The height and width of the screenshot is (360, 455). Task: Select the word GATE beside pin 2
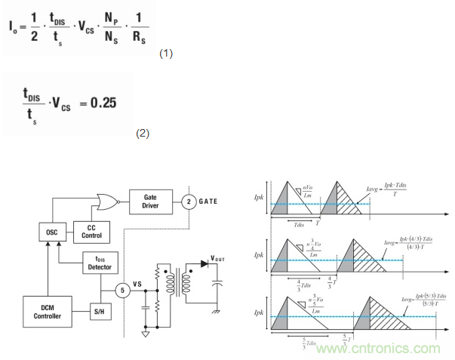(210, 201)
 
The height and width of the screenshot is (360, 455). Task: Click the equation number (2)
(143, 133)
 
